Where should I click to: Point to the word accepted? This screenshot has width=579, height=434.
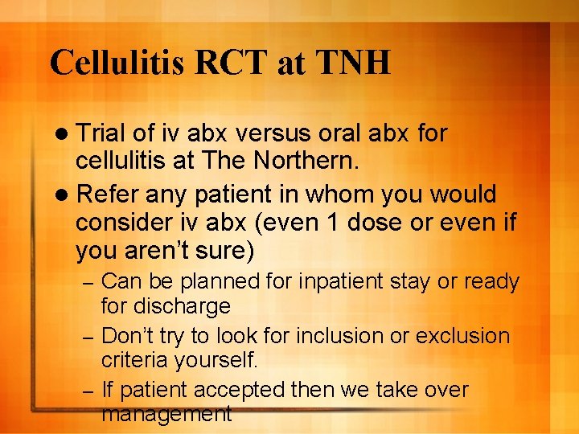(x=250, y=390)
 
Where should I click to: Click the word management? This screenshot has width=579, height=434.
(x=166, y=414)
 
